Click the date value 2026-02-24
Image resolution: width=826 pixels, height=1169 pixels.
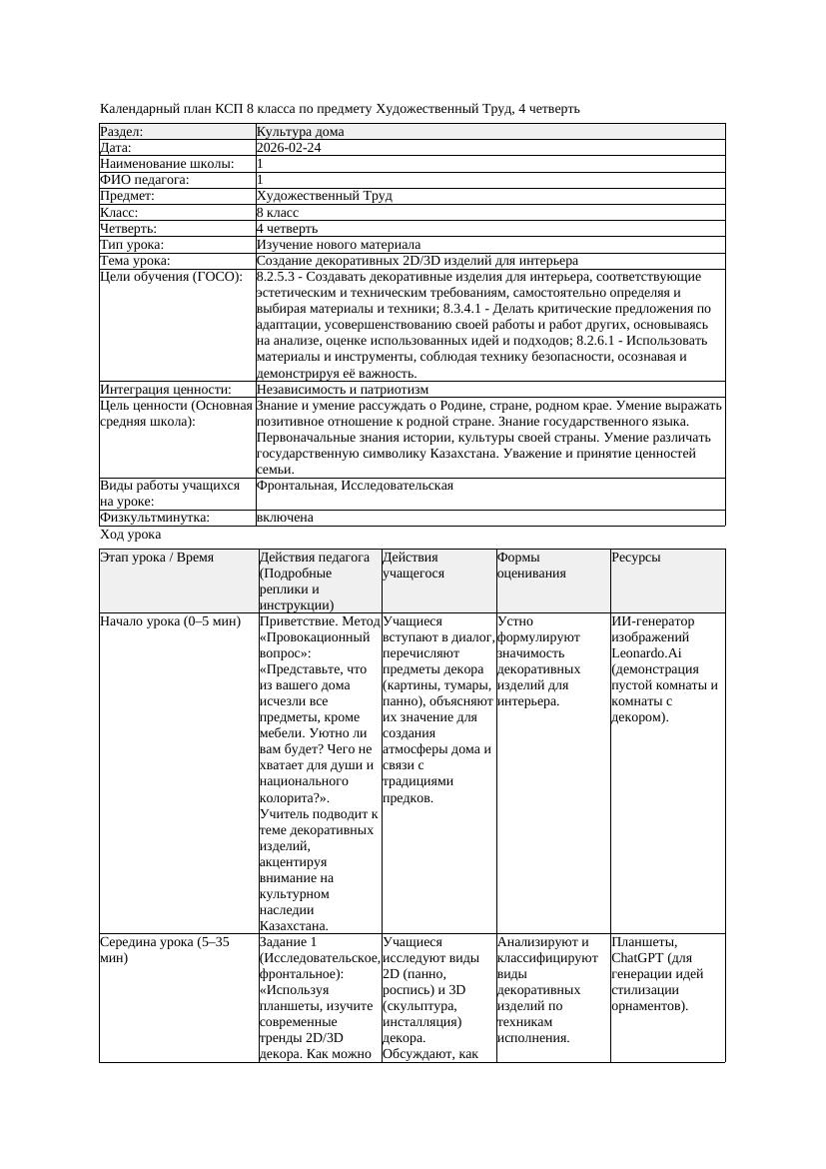tap(289, 148)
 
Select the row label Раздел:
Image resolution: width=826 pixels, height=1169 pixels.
tap(122, 132)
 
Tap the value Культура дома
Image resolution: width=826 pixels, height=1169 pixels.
tap(300, 132)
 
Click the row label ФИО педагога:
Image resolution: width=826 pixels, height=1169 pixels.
tap(145, 180)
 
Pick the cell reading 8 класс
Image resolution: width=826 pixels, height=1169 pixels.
tap(278, 213)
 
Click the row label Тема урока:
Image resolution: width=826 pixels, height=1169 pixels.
tap(135, 261)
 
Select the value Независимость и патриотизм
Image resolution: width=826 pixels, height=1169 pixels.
tap(343, 390)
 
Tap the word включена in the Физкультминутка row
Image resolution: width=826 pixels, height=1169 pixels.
tap(285, 518)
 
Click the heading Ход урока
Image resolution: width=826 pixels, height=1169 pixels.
tap(130, 535)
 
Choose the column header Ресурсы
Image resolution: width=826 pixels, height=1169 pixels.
tap(636, 558)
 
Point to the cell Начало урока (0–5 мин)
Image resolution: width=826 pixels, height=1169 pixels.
tap(170, 621)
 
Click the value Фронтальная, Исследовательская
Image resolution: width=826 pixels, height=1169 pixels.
tap(355, 486)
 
